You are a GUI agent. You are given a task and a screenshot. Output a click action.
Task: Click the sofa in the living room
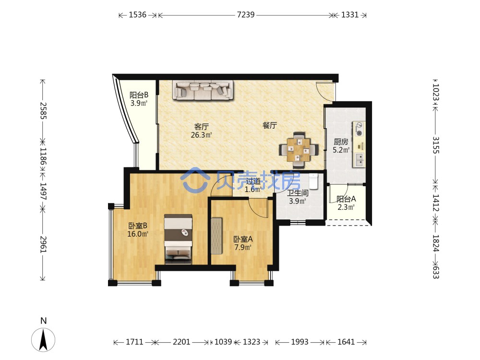[x=203, y=90]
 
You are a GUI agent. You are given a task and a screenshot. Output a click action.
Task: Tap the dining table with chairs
[x=299, y=150]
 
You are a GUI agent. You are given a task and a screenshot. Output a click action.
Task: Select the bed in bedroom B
[x=178, y=239]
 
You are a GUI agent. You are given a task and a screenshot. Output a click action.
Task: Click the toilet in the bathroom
[x=313, y=181]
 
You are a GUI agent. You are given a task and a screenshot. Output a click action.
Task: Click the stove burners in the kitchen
[x=359, y=129]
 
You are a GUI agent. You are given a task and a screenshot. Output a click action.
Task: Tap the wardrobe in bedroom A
[x=217, y=235]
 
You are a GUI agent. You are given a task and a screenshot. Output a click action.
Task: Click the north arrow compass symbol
[x=43, y=339]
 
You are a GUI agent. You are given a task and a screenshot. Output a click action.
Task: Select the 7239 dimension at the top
[x=245, y=15]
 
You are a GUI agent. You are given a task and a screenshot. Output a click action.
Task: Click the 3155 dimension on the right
[x=436, y=145]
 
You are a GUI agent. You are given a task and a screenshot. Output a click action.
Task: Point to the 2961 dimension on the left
[x=43, y=244]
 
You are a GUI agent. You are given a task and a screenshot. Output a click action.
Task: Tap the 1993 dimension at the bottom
[x=300, y=342]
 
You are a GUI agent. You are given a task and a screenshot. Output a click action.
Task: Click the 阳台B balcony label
[x=139, y=95]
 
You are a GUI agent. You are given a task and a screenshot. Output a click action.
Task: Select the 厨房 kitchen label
[x=341, y=142]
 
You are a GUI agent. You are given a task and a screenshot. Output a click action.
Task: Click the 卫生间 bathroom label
[x=298, y=193]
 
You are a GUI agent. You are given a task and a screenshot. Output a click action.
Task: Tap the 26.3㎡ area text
[x=201, y=135]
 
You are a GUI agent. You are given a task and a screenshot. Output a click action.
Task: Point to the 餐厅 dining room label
[x=270, y=125]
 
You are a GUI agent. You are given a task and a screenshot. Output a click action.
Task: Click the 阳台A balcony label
[x=346, y=199]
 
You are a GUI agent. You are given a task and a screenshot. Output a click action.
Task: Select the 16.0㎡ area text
[x=138, y=234]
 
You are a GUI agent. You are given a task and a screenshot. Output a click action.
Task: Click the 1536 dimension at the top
[x=137, y=15]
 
